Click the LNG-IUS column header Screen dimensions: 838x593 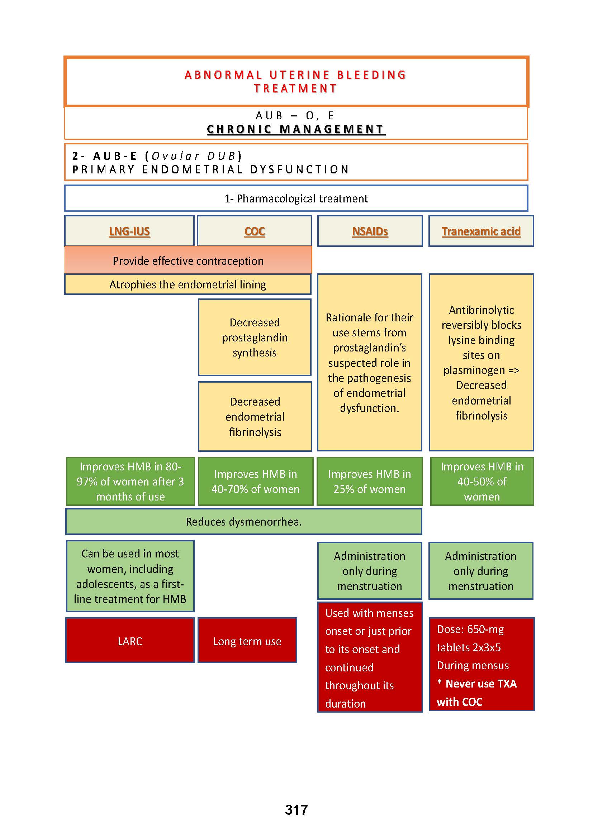(129, 231)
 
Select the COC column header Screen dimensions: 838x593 (255, 231)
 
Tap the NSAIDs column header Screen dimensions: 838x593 (370, 231)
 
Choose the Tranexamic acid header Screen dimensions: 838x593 (481, 231)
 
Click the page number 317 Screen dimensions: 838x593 (296, 810)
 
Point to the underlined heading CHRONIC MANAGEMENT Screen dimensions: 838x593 (296, 129)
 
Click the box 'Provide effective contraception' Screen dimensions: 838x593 (188, 260)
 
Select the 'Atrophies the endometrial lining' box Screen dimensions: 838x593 (188, 284)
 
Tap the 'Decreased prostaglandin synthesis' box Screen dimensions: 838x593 (255, 337)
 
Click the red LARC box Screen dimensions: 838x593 (130, 641)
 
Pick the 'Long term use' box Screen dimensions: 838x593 (247, 641)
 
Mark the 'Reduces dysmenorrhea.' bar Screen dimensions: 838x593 (243, 522)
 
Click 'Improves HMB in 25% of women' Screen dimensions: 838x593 (370, 482)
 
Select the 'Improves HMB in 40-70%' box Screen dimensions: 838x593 (255, 482)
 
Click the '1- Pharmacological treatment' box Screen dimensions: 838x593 (296, 198)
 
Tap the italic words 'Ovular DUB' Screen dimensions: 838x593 (194, 156)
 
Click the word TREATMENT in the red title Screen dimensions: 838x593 (296, 88)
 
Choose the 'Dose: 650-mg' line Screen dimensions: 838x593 (470, 629)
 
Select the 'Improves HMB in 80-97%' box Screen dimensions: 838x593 (130, 482)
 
